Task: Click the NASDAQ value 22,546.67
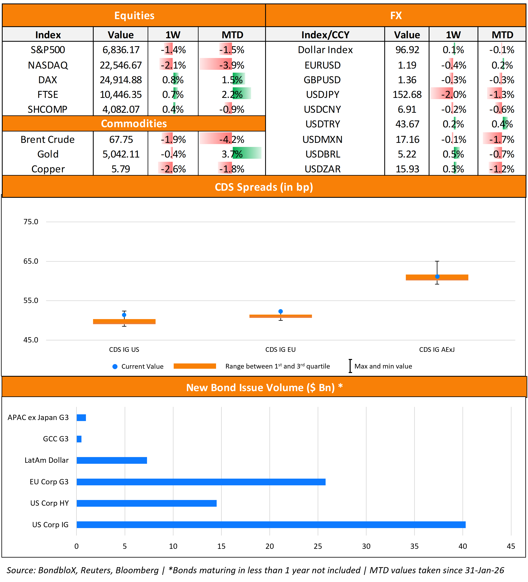(x=121, y=65)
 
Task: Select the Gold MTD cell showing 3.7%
(x=232, y=154)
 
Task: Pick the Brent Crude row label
(x=48, y=139)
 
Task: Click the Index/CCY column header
(x=325, y=35)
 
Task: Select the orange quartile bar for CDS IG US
(x=124, y=322)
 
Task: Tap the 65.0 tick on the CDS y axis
(x=31, y=261)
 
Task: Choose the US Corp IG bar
(x=271, y=525)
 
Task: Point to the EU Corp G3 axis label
(x=49, y=482)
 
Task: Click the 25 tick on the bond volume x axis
(x=318, y=546)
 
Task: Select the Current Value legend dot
(x=115, y=367)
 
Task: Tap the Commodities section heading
(x=134, y=124)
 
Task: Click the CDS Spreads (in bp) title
(x=264, y=187)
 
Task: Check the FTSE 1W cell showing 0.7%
(x=173, y=94)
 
